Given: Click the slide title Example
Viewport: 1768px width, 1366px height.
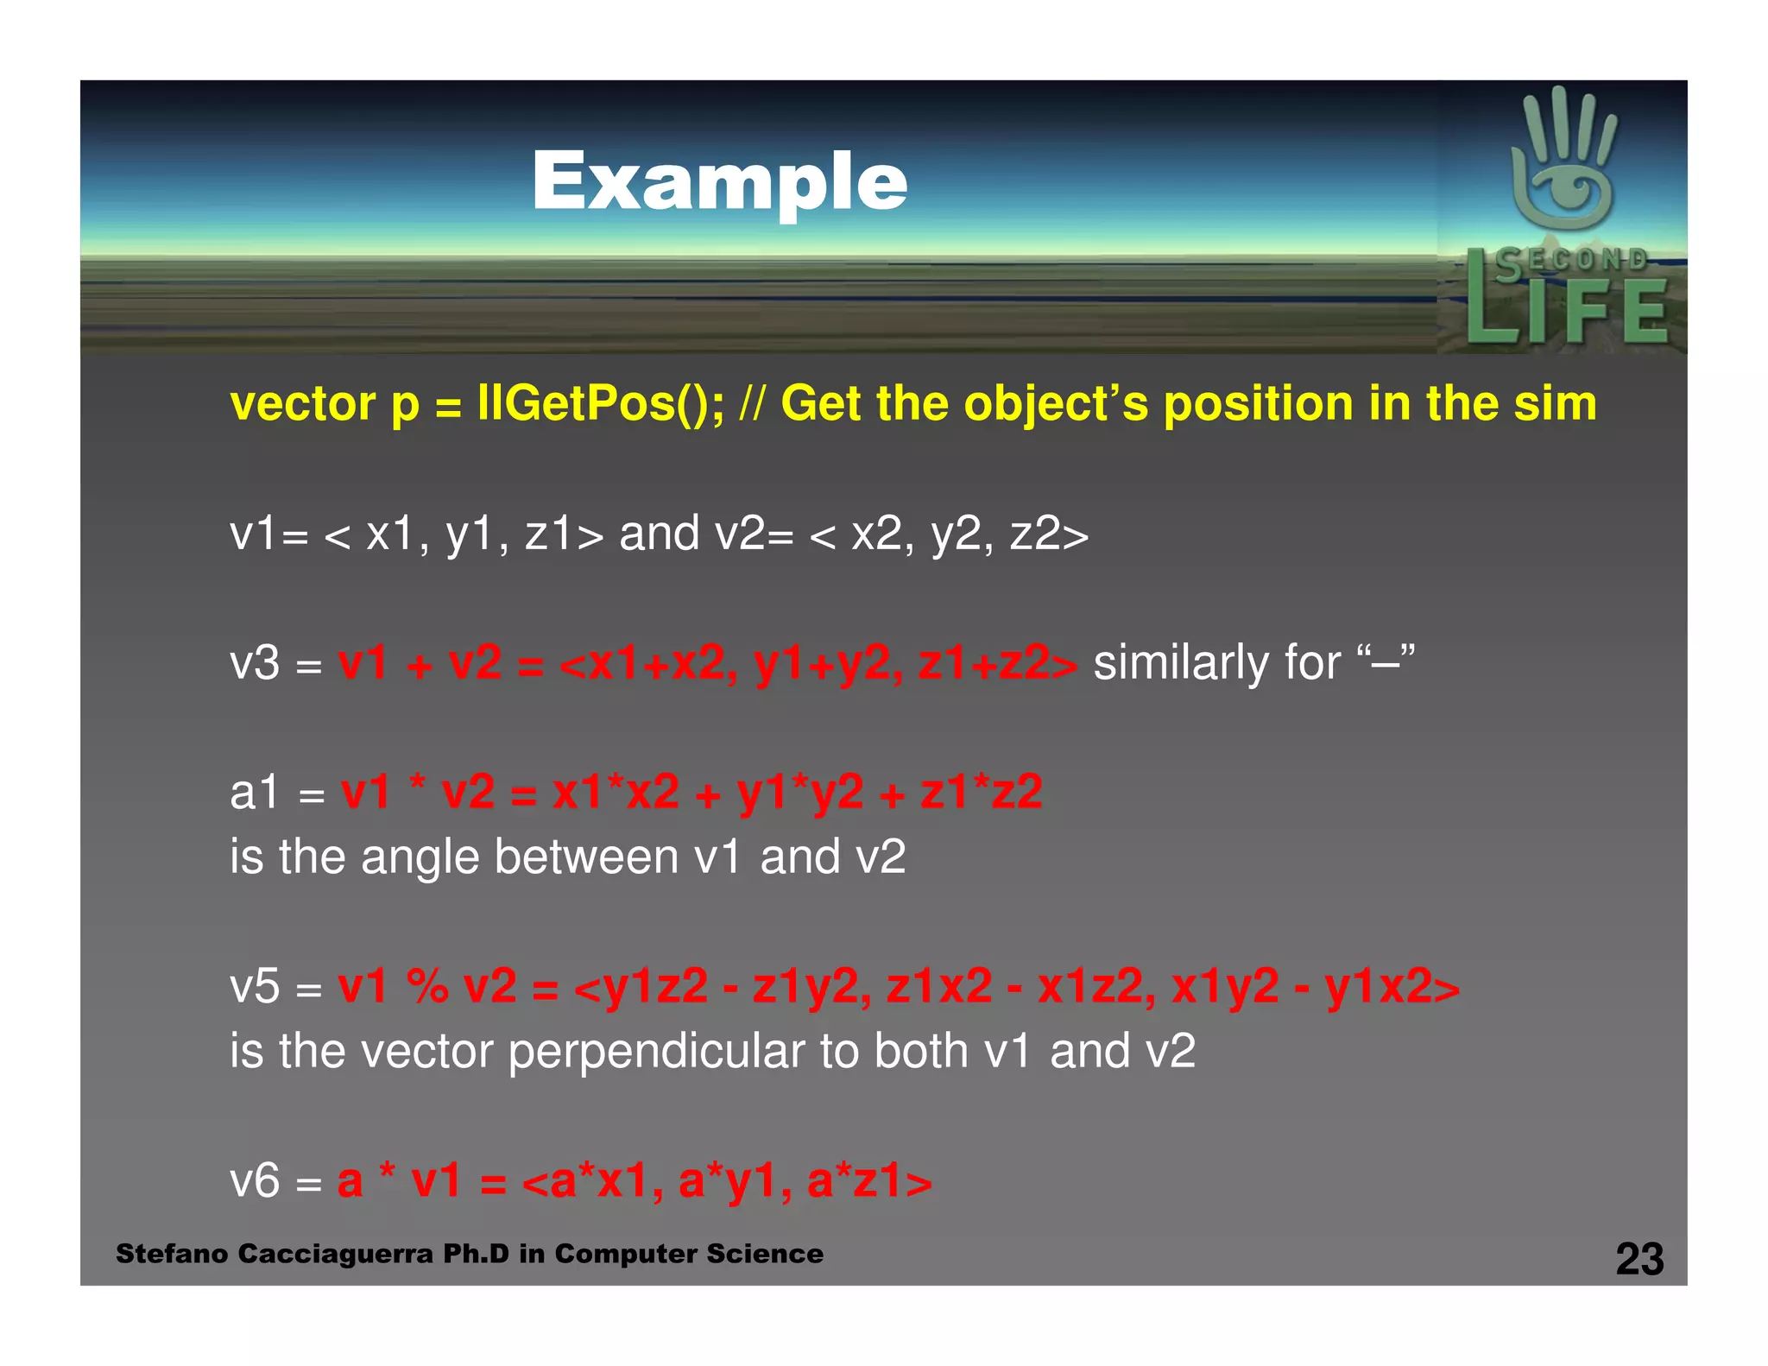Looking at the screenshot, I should (x=719, y=181).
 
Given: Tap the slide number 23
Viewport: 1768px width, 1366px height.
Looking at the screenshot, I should (x=1639, y=1259).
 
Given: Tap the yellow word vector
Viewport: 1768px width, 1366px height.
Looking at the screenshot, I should (x=303, y=404).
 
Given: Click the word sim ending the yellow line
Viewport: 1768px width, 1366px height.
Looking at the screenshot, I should (x=1555, y=403).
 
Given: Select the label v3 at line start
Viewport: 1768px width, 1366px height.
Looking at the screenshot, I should (x=255, y=663).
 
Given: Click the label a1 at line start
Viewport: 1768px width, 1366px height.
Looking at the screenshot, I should (x=255, y=792).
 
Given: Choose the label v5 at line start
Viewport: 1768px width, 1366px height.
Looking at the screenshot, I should (x=255, y=986).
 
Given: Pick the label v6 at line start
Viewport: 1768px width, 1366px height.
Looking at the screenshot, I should (x=255, y=1180).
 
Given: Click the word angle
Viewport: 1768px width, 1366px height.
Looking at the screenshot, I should (x=420, y=857).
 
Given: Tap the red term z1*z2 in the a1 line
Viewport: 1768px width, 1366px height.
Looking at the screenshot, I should (x=982, y=792).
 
